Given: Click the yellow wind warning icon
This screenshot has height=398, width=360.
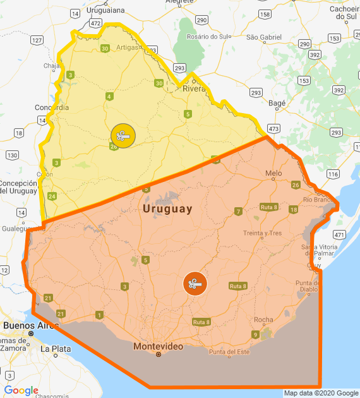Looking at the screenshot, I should click(x=122, y=136).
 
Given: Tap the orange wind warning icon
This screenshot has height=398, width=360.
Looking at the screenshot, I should click(x=195, y=284).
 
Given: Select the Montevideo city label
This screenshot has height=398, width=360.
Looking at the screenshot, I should click(x=158, y=346).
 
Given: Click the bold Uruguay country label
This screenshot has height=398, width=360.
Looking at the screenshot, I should click(x=167, y=209).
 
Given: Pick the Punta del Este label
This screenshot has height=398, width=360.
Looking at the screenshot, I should click(x=230, y=352).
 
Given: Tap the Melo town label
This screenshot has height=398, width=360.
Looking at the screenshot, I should click(x=273, y=173).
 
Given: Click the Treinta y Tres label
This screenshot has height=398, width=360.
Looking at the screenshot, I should click(x=262, y=233).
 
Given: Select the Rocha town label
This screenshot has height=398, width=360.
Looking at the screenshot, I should click(x=263, y=320).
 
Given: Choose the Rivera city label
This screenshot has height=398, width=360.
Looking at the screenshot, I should click(x=195, y=89).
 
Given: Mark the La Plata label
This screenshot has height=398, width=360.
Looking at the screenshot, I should click(x=53, y=348).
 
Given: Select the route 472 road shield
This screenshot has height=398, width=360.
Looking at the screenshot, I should click(x=95, y=23).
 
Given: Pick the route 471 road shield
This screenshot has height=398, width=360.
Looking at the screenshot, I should click(x=340, y=234).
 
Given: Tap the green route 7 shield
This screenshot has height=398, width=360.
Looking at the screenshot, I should click(x=238, y=211).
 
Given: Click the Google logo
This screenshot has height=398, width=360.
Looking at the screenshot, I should click(x=21, y=390).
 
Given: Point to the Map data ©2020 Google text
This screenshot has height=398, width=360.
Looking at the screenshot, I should click(x=320, y=393).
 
